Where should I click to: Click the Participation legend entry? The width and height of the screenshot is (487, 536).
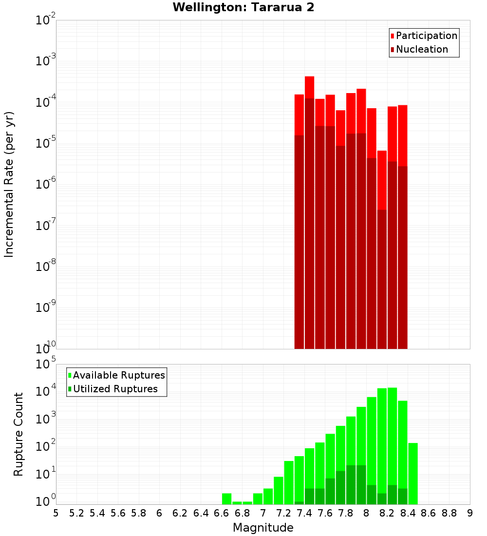click(424, 36)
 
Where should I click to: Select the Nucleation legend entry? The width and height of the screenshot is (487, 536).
click(419, 49)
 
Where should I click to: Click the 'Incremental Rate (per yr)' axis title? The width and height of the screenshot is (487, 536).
click(9, 184)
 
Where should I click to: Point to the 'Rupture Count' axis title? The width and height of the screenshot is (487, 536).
click(19, 434)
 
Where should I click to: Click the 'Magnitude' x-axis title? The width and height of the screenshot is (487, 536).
click(263, 528)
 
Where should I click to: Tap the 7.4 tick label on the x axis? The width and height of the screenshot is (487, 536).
click(304, 513)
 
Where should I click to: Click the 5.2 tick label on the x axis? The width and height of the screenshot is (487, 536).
click(77, 513)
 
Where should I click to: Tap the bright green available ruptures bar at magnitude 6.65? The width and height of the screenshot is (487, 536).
click(226, 499)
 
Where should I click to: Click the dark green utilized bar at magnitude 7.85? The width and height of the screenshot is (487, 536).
click(351, 485)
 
